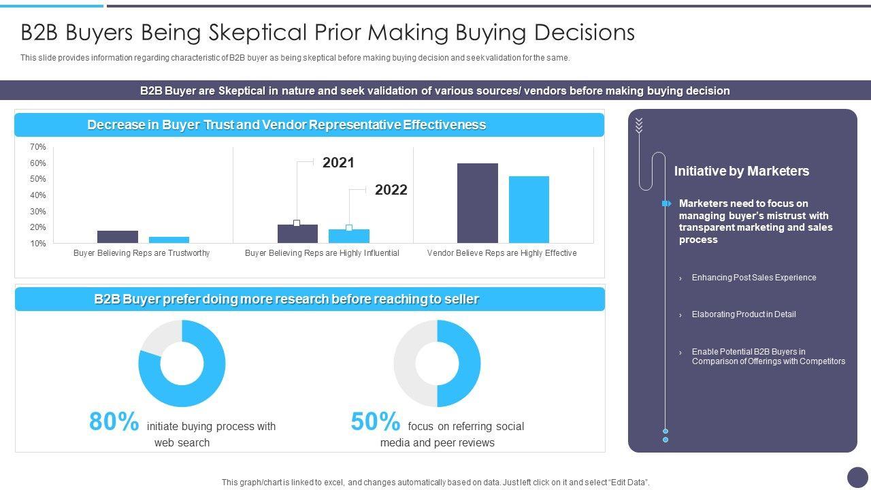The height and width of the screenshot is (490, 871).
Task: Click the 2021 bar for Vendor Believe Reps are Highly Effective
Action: pos(477,203)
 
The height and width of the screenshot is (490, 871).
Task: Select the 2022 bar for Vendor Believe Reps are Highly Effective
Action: pos(529,210)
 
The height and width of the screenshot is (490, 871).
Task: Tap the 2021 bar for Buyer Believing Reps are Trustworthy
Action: pos(117,237)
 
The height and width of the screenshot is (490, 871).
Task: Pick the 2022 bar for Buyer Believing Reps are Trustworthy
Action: pos(169,240)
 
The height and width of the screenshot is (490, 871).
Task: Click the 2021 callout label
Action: pos(338,163)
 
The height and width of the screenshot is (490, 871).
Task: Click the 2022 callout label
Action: pos(391,190)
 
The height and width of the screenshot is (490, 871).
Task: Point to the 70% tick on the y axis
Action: pos(38,147)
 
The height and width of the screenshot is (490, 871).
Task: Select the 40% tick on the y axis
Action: pos(38,195)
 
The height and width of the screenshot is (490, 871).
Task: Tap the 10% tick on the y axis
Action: pos(38,244)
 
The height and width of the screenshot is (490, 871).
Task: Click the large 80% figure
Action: pos(114,422)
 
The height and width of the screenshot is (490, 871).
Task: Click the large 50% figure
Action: pos(375,422)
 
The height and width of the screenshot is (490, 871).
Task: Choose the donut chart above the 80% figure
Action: pos(182,363)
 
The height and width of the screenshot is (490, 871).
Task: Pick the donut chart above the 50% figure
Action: pos(437,363)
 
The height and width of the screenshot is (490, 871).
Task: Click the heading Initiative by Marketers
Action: pos(741,171)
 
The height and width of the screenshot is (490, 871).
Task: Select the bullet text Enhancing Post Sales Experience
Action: pos(753,278)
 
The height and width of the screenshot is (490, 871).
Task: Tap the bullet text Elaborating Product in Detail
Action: pos(743,314)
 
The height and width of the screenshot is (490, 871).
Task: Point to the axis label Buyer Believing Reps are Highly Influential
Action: pos(322,253)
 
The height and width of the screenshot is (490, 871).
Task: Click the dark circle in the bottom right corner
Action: pos(857,477)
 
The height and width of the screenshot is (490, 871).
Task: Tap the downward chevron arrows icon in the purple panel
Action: pos(639,125)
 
